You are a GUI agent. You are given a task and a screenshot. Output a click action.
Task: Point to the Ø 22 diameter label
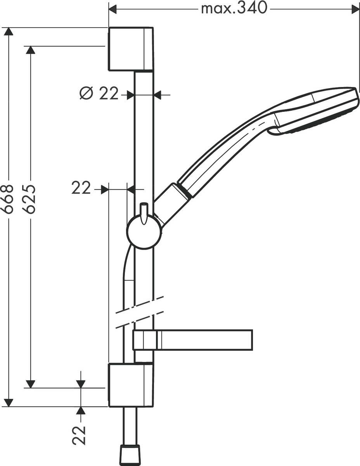point(99,94)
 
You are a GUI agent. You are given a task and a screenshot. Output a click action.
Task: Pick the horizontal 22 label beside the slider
point(81,189)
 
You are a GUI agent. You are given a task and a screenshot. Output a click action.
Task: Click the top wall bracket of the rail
point(130,49)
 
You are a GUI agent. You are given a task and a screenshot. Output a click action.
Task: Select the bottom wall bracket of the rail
point(130,385)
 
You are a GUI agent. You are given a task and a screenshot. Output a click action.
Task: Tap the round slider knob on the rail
point(144,232)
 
